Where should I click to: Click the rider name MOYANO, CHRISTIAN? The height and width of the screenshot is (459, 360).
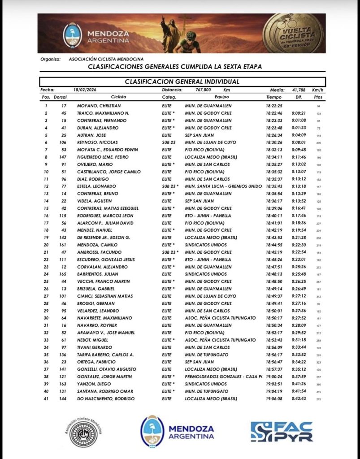point(98,106)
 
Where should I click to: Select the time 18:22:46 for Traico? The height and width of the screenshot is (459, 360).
point(274,113)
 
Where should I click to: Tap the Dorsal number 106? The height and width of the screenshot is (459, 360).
point(63,143)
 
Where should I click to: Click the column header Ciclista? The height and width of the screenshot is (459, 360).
point(119,97)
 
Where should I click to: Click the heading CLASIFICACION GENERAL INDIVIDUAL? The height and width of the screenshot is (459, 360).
point(182,82)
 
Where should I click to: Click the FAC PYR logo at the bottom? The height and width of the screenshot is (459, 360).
point(281,431)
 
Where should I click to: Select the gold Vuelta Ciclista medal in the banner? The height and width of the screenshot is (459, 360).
point(293,33)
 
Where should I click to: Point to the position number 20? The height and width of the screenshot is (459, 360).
point(46,245)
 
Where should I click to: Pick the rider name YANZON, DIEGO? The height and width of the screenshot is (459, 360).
point(91,384)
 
